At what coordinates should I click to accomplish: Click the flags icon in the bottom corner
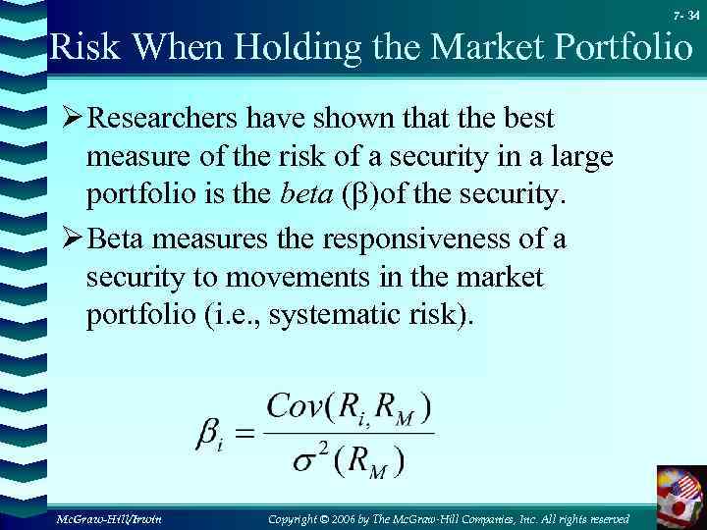(680, 496)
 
